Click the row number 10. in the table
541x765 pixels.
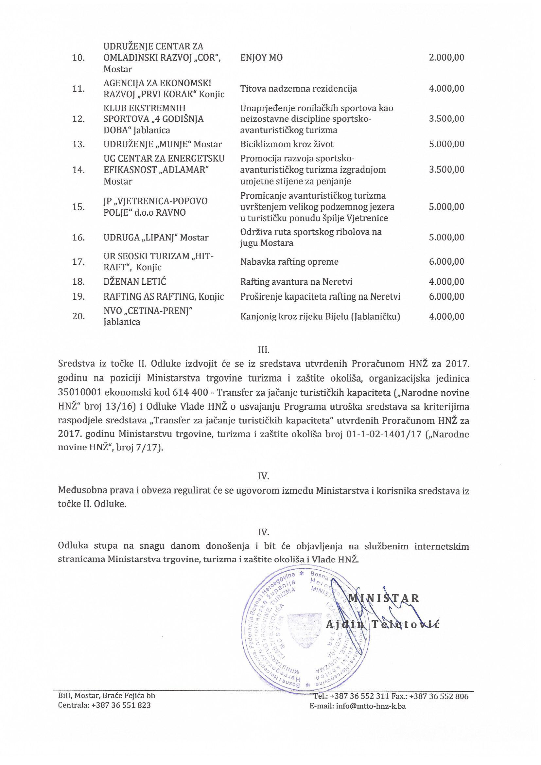coord(78,58)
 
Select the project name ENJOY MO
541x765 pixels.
coord(261,58)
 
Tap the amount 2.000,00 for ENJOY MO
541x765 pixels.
coord(446,58)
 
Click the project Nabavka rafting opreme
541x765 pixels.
coord(289,261)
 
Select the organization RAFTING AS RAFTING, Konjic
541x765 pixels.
coord(164,296)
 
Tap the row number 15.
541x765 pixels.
coord(78,206)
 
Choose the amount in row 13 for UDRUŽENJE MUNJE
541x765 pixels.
coord(446,144)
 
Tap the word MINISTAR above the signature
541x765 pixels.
coord(383,598)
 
